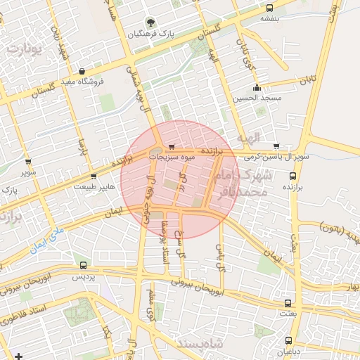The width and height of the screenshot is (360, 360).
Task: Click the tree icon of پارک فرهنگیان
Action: tap(148, 22)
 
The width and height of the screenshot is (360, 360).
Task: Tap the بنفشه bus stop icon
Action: tap(271, 8)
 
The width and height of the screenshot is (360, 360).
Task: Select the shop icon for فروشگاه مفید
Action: tap(83, 71)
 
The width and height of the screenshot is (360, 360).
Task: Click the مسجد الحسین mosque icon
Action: tap(257, 89)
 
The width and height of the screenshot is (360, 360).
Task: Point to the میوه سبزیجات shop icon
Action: tap(172, 146)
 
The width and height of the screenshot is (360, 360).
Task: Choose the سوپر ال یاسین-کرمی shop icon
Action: tap(276, 146)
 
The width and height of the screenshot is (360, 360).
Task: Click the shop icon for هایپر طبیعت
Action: tap(94, 176)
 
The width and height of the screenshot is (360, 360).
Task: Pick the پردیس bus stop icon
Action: tap(84, 266)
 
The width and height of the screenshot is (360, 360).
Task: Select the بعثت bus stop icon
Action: tap(287, 303)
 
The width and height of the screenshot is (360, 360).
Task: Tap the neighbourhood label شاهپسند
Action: tap(200, 342)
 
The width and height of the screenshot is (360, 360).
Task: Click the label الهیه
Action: tap(248, 136)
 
